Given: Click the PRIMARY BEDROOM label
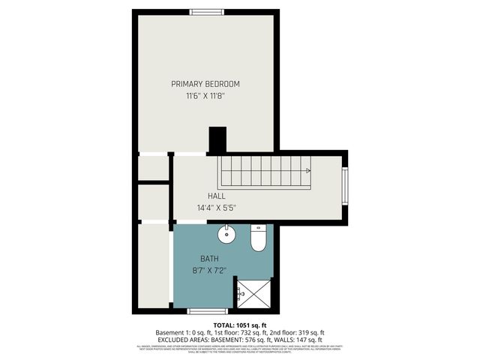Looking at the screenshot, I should click(x=205, y=84).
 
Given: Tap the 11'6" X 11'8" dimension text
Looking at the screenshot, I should click(x=205, y=96).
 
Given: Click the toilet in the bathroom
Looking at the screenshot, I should click(x=257, y=239).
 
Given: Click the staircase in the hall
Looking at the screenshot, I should click(x=264, y=172).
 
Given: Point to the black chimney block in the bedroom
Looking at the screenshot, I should click(x=217, y=139).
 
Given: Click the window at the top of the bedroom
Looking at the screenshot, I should click(x=205, y=12).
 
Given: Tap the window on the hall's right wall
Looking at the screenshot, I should click(x=345, y=185).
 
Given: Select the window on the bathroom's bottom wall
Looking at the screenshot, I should click(x=206, y=310).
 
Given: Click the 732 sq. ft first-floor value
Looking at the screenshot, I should click(x=243, y=332).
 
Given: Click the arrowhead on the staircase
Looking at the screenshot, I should click(x=307, y=170).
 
